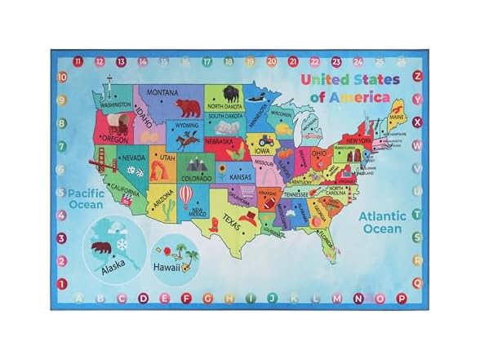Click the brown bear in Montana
(x=189, y=105)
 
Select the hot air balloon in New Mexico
(x=185, y=195)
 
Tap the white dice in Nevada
(x=133, y=171)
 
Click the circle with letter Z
(x=418, y=76)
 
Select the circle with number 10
(x=61, y=77)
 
